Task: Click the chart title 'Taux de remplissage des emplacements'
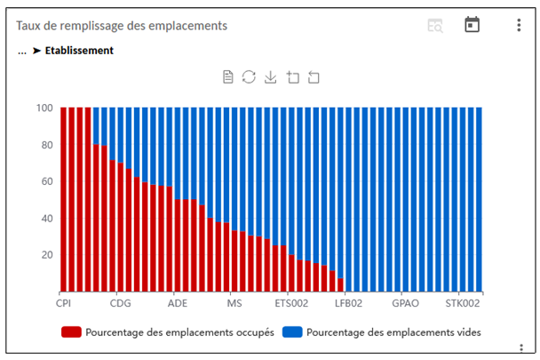tap(122, 26)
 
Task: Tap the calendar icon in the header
tap(472, 25)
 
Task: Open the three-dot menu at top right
tap(519, 25)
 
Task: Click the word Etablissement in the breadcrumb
tap(79, 51)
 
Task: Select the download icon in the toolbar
tap(271, 77)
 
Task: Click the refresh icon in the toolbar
tap(250, 77)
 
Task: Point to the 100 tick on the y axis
tap(44, 108)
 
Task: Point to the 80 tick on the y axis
tap(47, 145)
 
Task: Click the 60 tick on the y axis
tap(47, 181)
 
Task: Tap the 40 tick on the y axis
tap(47, 218)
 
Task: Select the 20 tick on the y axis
tap(47, 254)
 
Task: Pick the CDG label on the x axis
tap(120, 302)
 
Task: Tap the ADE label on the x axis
tap(177, 302)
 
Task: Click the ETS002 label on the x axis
tap(291, 302)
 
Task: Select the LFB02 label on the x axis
tap(348, 302)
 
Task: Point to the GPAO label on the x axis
tap(406, 302)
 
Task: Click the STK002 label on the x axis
tap(463, 302)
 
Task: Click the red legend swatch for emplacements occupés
tap(71, 332)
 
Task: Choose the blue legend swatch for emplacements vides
tap(292, 332)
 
